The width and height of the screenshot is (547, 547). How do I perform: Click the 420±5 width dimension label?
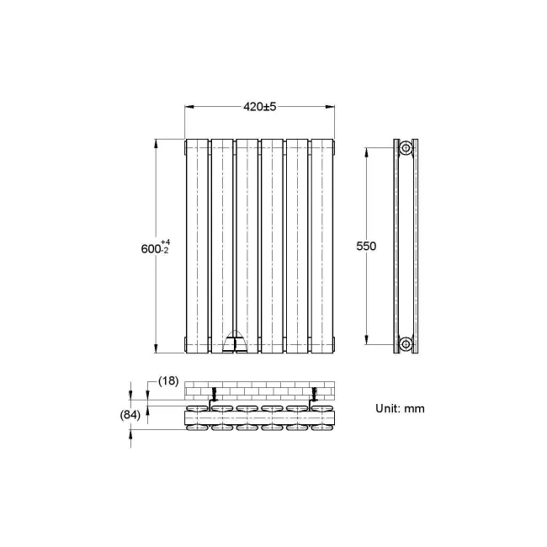260,107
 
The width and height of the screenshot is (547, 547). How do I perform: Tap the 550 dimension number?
366,247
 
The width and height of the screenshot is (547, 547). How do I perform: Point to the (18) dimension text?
168,381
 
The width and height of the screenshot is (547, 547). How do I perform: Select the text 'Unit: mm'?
400,408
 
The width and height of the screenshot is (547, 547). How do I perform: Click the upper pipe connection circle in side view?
406,149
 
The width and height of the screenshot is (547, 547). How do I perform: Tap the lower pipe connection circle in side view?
406,343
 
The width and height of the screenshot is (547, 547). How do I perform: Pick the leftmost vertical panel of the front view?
197,243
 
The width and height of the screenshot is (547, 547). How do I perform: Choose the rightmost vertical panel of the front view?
323,243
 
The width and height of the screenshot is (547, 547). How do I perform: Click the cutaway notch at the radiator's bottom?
235,340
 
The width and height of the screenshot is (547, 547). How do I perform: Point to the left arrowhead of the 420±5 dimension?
189,107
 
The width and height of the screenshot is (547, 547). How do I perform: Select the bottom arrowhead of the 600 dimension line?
156,348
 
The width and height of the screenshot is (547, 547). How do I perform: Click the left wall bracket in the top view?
214,395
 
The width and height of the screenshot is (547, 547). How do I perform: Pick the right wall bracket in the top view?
315,395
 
